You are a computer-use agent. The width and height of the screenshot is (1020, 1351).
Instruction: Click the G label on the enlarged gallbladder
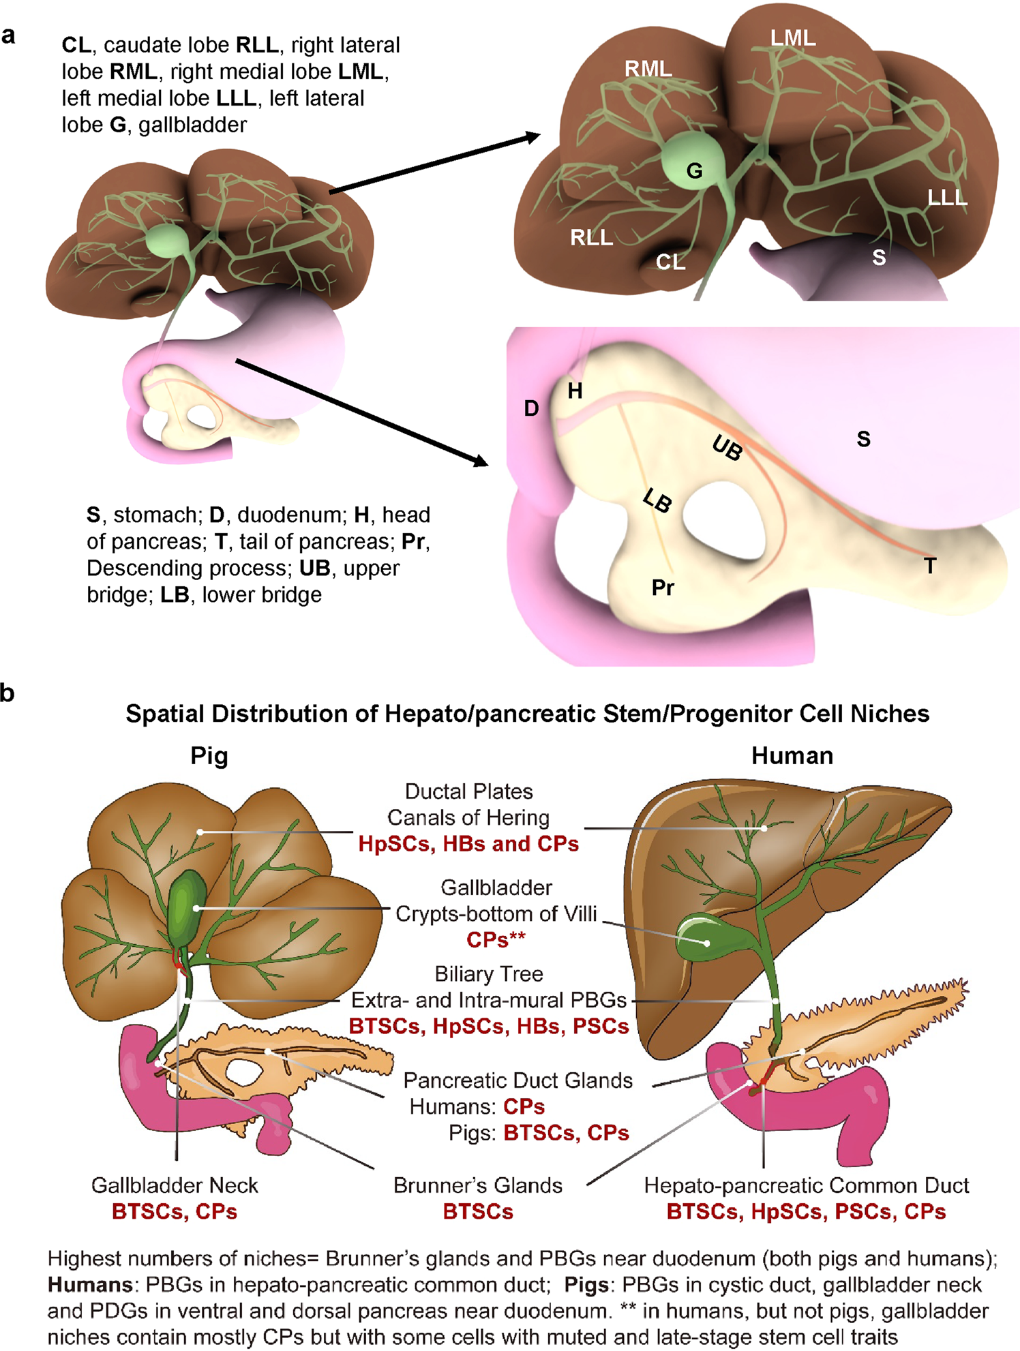tap(694, 170)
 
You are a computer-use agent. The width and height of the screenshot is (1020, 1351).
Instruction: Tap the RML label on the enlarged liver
tap(648, 69)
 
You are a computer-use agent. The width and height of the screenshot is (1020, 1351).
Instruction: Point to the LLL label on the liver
tap(947, 198)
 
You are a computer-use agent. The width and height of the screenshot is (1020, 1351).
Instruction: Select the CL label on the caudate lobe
tap(670, 262)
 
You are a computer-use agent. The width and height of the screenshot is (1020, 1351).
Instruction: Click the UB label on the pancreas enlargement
tap(727, 448)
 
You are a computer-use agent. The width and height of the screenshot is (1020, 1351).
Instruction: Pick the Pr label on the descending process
tap(663, 588)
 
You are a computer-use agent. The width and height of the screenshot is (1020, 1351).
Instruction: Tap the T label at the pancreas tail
tap(930, 565)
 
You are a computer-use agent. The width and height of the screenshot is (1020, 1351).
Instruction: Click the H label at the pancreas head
tap(575, 391)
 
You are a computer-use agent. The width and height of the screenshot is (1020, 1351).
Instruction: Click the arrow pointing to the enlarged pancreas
tap(361, 413)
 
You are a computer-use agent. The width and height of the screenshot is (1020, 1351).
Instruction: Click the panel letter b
tap(7, 693)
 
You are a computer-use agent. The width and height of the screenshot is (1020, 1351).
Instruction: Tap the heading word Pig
tap(209, 755)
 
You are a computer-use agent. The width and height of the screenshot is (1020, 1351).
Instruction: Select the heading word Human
tap(792, 755)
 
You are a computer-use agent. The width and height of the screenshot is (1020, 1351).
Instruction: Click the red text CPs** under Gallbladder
tap(496, 939)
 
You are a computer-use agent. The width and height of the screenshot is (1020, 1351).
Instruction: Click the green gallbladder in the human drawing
tap(702, 938)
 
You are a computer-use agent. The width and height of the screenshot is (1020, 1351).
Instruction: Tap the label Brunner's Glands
tap(477, 1185)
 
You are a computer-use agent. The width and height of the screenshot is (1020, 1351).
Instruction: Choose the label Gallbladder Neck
tap(175, 1185)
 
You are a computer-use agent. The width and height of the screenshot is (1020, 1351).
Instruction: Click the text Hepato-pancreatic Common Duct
tap(806, 1185)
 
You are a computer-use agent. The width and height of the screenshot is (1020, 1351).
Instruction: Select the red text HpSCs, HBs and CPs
tap(468, 844)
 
